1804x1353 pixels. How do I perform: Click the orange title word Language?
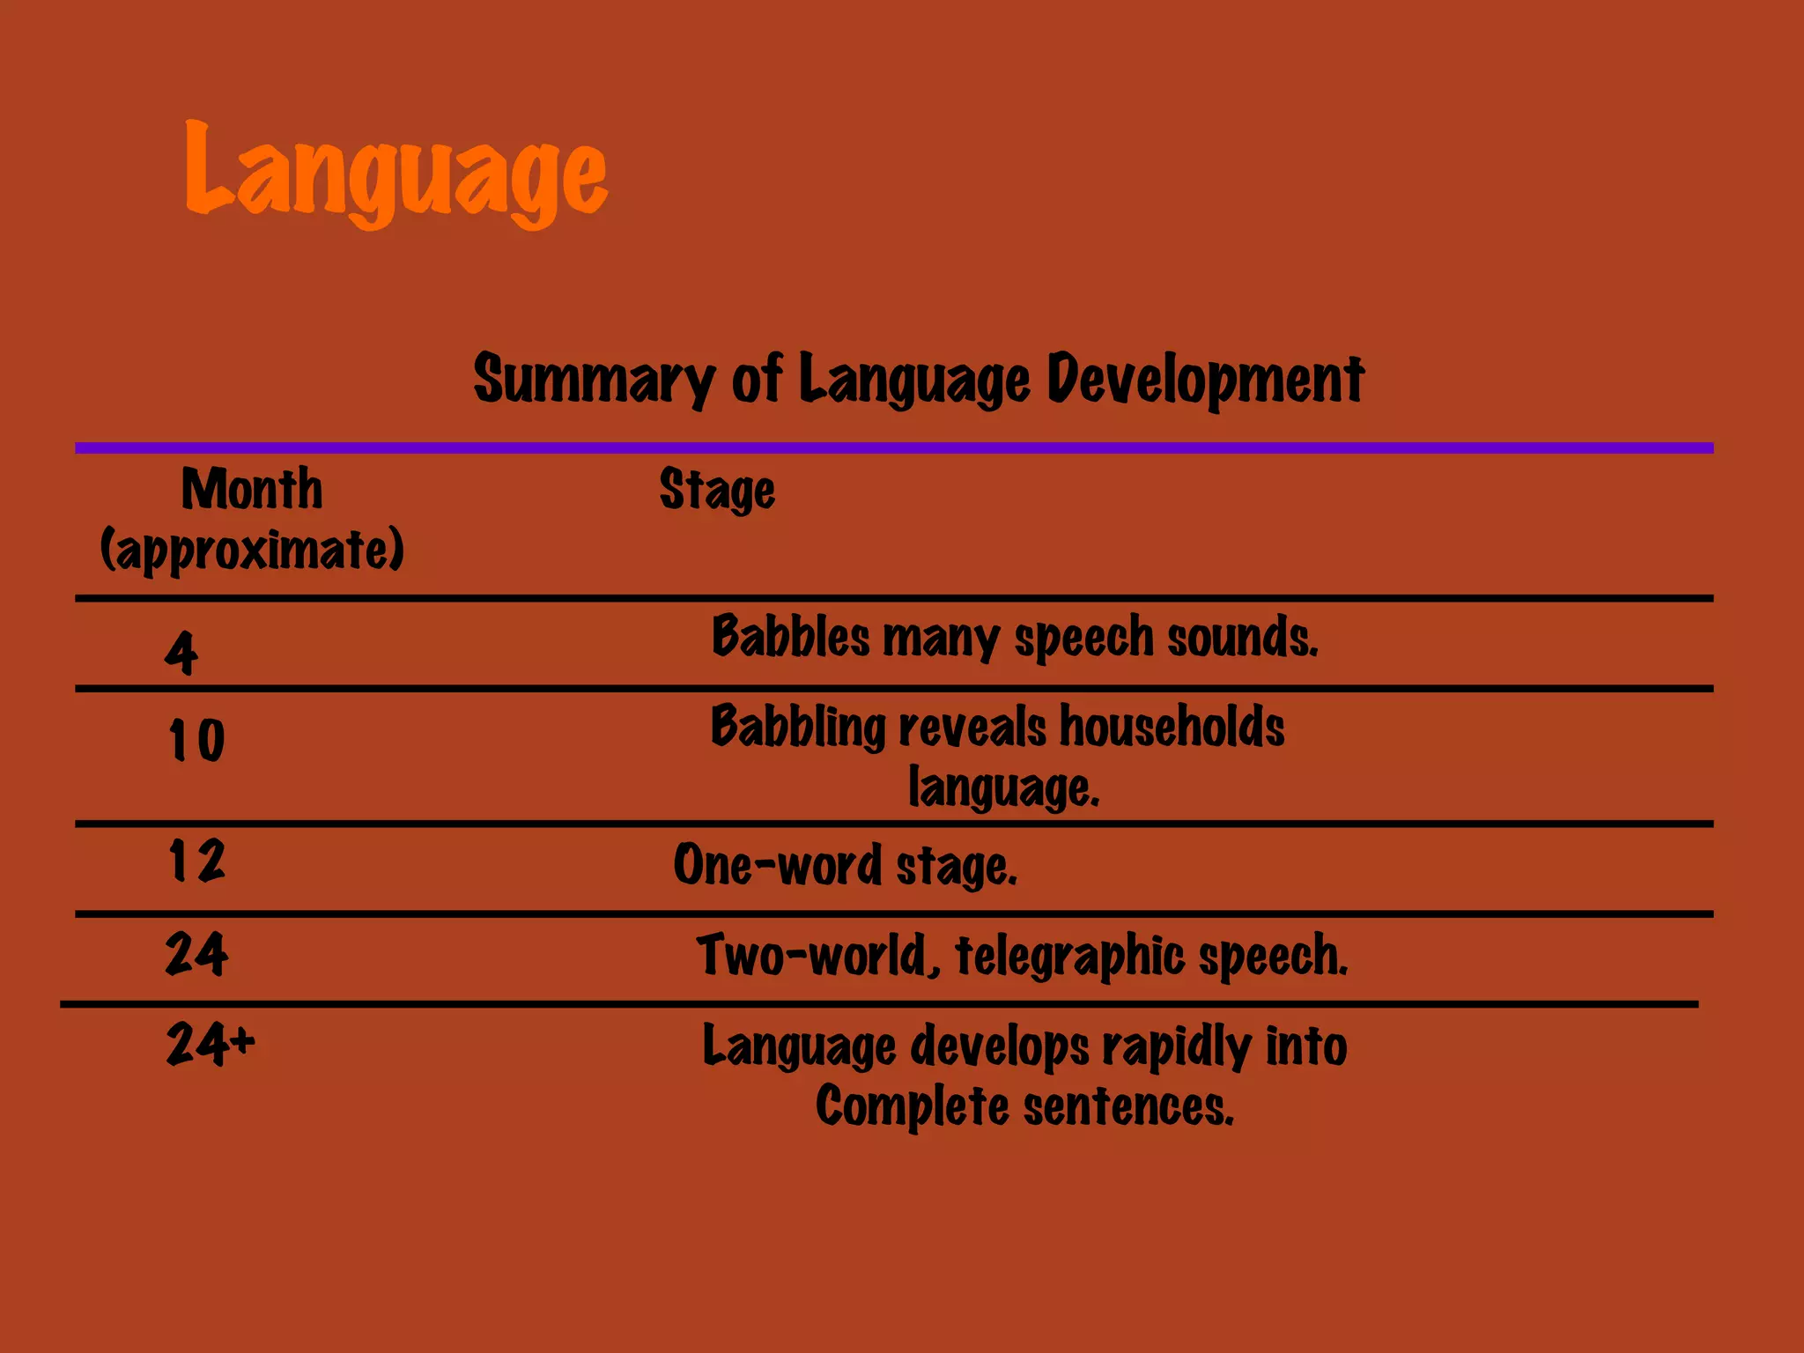tap(396, 172)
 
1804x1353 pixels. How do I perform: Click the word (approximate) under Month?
tap(252, 551)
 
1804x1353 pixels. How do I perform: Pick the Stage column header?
tap(717, 491)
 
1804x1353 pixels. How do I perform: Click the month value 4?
tap(181, 653)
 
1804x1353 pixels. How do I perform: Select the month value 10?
tap(196, 740)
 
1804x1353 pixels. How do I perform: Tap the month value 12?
tap(196, 861)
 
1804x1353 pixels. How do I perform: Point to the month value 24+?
tap(210, 1045)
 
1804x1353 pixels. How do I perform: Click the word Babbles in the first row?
tap(790, 637)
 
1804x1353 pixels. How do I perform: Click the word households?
tap(1172, 728)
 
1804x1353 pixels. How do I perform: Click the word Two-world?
tap(816, 956)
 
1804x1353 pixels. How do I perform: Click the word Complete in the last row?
tap(912, 1106)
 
